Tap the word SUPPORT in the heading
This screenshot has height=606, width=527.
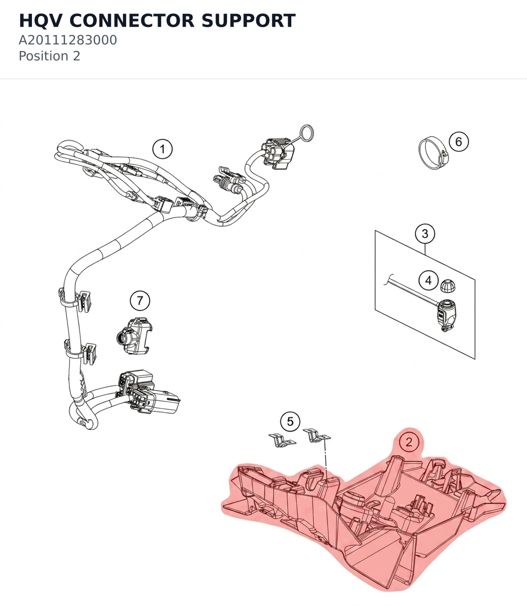click(249, 21)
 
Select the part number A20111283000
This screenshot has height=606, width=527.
click(67, 40)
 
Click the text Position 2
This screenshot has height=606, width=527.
click(49, 56)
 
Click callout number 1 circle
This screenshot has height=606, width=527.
click(162, 149)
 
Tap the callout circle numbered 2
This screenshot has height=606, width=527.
click(409, 441)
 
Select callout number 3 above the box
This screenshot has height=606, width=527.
click(425, 233)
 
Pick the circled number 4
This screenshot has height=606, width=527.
click(428, 280)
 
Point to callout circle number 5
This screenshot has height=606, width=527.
click(290, 421)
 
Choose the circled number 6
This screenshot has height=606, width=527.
click(459, 142)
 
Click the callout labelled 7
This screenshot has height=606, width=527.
click(140, 300)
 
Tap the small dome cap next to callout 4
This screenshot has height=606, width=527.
click(448, 285)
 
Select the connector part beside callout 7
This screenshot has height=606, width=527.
click(134, 336)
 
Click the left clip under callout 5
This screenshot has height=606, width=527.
click(282, 440)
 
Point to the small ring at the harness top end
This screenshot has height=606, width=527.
click(307, 134)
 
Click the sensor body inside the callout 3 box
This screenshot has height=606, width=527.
click(447, 315)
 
